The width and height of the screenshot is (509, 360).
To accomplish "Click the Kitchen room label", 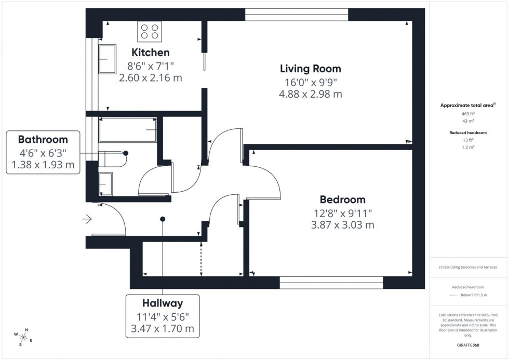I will pyautogui.click(x=150, y=52).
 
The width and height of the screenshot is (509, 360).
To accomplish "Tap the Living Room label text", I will pyautogui.click(x=310, y=69).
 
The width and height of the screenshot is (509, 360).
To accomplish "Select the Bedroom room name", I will pyautogui.click(x=342, y=199).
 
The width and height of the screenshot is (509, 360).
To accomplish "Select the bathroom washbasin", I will pyautogui.click(x=105, y=183).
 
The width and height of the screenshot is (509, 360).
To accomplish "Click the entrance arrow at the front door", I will pyautogui.click(x=87, y=220).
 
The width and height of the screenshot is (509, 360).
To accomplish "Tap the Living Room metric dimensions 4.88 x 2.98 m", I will pyautogui.click(x=310, y=94).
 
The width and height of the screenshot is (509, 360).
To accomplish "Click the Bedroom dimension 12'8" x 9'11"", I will pyautogui.click(x=342, y=212).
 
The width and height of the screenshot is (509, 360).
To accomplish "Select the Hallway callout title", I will pyautogui.click(x=162, y=303).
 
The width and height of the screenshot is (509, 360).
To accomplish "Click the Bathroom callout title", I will pyautogui.click(x=43, y=139).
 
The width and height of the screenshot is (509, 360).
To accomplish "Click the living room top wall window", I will pyautogui.click(x=297, y=15).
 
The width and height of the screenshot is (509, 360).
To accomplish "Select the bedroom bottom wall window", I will pyautogui.click(x=331, y=283).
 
